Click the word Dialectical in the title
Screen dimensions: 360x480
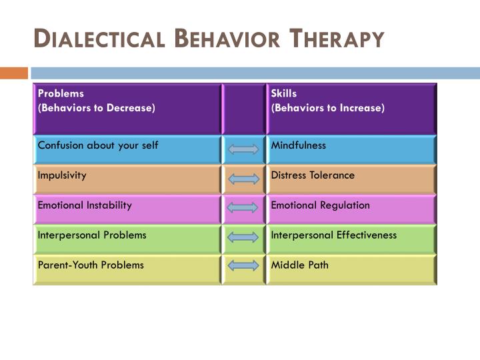[99, 39]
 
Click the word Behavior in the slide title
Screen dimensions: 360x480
[228, 39]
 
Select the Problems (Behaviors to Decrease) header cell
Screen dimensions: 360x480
[127, 108]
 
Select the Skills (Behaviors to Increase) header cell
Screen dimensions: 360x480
[351, 108]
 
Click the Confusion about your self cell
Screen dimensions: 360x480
[127, 149]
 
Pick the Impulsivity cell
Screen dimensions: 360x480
[127, 179]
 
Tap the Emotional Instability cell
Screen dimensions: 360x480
[127, 209]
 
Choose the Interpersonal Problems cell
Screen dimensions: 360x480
[127, 239]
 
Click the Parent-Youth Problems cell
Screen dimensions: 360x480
[127, 269]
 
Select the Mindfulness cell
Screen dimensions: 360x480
[351, 149]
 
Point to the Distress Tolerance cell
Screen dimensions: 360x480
[351, 179]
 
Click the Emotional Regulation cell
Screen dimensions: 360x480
[351, 209]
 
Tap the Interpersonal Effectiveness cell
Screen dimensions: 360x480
[351, 239]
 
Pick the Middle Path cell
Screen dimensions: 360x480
[351, 269]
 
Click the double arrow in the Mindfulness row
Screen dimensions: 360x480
[243, 149]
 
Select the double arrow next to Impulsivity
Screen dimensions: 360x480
[243, 179]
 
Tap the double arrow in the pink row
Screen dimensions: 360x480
[243, 208]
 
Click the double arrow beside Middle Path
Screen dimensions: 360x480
[243, 265]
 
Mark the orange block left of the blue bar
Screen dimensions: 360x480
[13, 73]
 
